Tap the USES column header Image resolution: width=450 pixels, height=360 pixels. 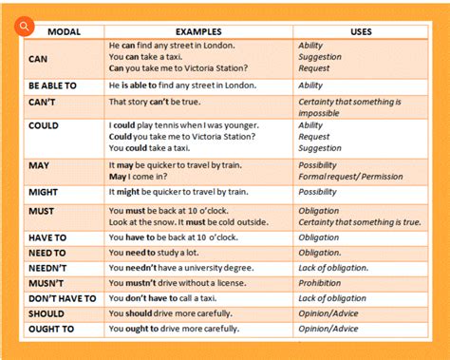click(361, 32)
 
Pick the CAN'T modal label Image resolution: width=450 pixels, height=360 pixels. click(44, 102)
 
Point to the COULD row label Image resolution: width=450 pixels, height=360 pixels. click(44, 125)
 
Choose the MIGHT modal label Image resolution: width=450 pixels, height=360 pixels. click(45, 191)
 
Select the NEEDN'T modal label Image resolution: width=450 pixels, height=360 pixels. click(47, 268)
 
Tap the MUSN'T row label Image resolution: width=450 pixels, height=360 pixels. click(47, 283)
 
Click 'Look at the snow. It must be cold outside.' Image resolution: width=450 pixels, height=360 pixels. click(200, 222)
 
